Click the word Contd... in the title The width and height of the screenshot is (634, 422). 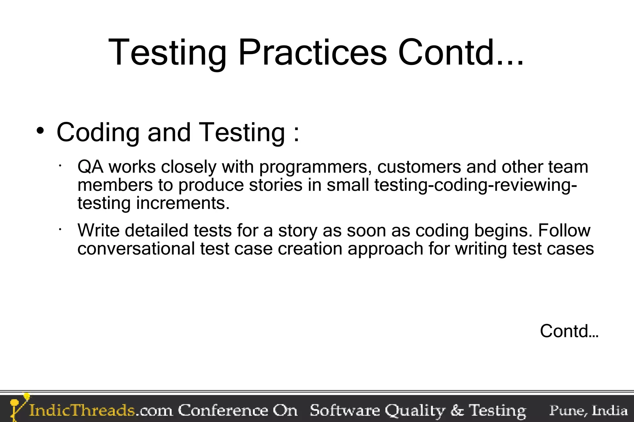(x=461, y=53)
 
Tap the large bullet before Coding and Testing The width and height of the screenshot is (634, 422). (x=40, y=131)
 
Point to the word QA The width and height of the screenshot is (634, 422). (x=90, y=167)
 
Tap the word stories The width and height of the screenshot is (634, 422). (x=276, y=185)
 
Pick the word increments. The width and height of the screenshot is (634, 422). (x=183, y=203)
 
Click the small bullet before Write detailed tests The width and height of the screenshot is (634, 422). (x=60, y=229)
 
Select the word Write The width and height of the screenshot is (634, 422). (x=98, y=230)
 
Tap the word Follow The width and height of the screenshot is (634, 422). (x=564, y=230)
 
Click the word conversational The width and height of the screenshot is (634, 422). (x=136, y=248)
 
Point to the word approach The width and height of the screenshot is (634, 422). (x=385, y=249)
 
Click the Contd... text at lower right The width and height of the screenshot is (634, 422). (x=569, y=331)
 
